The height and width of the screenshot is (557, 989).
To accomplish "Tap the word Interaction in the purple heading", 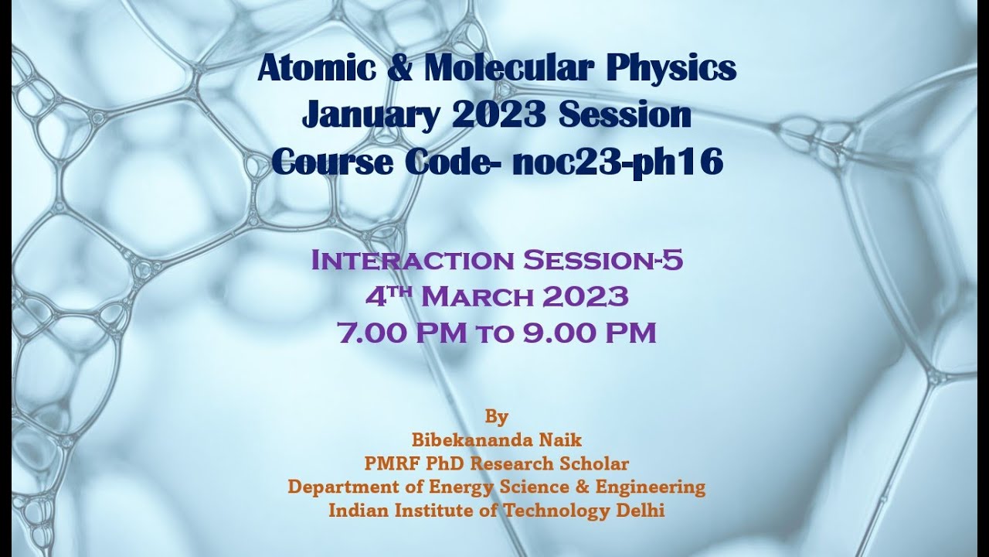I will (x=413, y=261).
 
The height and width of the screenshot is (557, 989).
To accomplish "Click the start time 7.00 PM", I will (x=402, y=333).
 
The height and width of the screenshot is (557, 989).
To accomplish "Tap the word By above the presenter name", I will (x=497, y=417).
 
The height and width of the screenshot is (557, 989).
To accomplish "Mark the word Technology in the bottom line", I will (x=552, y=511).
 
